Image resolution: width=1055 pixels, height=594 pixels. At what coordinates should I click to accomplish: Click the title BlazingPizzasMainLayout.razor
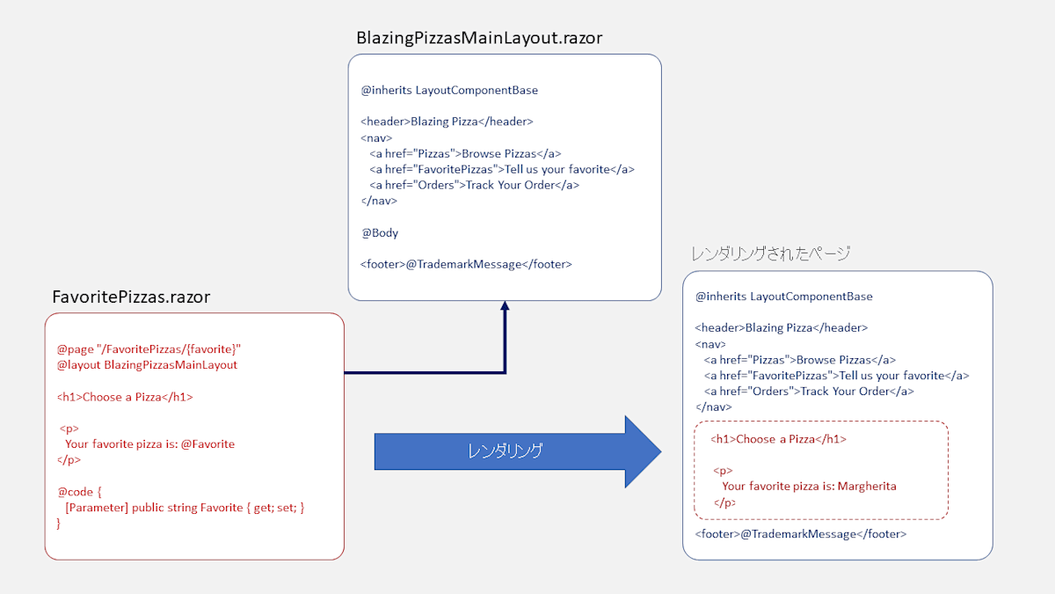click(x=479, y=38)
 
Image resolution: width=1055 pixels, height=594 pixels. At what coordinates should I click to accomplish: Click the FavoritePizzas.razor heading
click(x=131, y=297)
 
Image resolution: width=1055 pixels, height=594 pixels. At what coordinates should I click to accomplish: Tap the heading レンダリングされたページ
click(x=770, y=254)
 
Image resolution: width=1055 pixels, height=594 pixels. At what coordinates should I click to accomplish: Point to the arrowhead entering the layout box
click(x=505, y=307)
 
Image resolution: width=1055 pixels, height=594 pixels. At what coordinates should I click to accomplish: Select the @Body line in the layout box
click(x=380, y=233)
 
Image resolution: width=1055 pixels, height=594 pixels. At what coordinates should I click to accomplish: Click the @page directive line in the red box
click(x=149, y=348)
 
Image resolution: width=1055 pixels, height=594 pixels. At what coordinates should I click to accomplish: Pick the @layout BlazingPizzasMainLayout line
click(x=147, y=364)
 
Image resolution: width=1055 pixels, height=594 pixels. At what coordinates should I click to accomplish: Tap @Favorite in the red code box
click(x=207, y=444)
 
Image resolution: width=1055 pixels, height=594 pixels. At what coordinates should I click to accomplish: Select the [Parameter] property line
click(x=185, y=508)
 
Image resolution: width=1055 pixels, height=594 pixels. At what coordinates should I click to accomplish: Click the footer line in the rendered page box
click(x=800, y=534)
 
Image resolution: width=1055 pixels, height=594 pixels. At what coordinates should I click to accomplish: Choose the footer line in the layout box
click(x=466, y=263)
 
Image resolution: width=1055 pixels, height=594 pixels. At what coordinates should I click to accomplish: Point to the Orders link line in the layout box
click(x=474, y=185)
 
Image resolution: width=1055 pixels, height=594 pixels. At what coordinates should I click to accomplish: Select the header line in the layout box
click(x=447, y=121)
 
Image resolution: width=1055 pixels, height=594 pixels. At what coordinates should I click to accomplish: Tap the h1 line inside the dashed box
click(x=779, y=438)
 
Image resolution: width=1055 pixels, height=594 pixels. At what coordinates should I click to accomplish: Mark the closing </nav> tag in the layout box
click(x=379, y=201)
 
